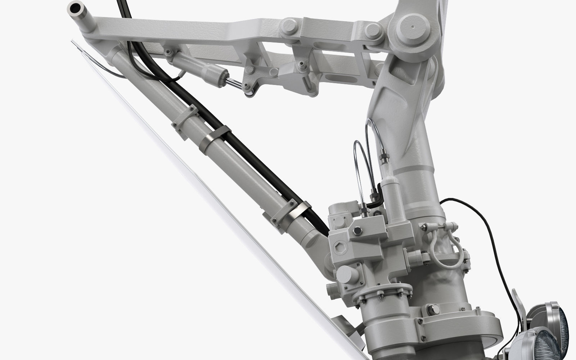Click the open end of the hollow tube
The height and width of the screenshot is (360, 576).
(x=77, y=7)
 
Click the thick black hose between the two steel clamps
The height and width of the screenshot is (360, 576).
(x=259, y=169)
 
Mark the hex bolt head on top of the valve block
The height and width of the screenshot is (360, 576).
(x=357, y=231)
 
